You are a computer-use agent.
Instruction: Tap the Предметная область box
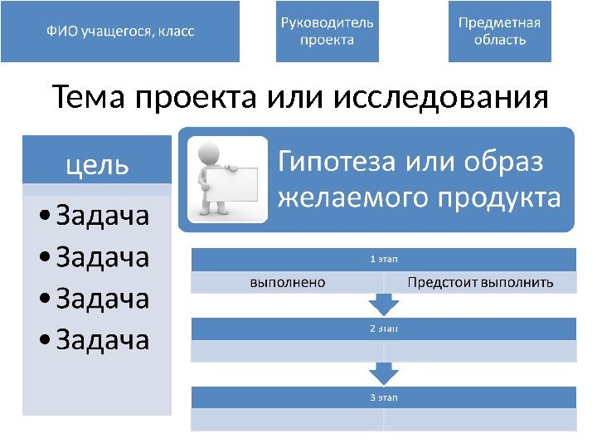coord(499,32)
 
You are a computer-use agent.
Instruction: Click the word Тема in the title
coord(89,99)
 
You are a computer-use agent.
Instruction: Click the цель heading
coord(97,164)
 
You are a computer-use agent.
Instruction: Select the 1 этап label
coord(383,261)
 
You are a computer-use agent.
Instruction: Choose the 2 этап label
coord(383,329)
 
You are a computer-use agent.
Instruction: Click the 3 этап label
coord(383,397)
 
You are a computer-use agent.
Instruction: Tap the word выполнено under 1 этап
coord(288,283)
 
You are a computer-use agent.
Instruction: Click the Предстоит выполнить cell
coord(480,283)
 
